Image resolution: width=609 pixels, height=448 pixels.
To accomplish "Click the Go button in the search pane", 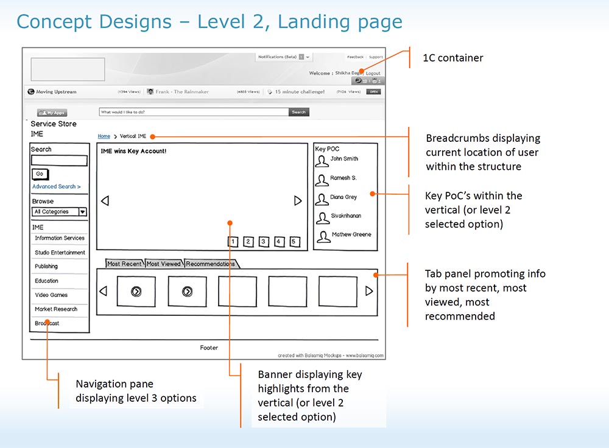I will (x=40, y=174).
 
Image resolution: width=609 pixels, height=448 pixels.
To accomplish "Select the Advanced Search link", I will (x=56, y=187).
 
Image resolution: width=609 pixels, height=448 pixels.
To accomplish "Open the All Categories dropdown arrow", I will (x=82, y=212).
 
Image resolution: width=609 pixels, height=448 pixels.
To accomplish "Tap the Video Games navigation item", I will (x=51, y=295).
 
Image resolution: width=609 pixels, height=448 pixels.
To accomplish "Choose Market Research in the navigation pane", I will (x=56, y=309).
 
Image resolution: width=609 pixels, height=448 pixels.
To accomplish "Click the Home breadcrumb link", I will (x=104, y=136).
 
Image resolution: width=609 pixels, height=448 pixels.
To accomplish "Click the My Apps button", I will (x=52, y=113).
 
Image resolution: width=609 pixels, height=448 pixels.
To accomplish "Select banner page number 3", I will (x=263, y=242).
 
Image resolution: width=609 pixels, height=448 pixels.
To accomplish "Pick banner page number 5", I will (x=294, y=242).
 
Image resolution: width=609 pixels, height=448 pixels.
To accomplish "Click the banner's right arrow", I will (x=298, y=201).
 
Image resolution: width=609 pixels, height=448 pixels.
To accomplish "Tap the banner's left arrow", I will (x=105, y=201).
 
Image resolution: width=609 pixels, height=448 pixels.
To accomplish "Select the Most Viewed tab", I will (x=164, y=264).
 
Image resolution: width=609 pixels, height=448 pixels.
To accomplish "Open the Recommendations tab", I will (x=211, y=264).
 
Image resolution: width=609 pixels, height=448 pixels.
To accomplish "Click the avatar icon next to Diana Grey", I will (x=323, y=199).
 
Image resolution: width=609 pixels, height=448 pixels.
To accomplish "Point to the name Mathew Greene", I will (x=351, y=235).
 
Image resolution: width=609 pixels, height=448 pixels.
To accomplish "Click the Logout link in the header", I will (x=373, y=73).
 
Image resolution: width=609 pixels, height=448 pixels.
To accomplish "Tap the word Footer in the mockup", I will (x=209, y=348).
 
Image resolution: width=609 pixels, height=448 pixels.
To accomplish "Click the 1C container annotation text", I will (x=453, y=58).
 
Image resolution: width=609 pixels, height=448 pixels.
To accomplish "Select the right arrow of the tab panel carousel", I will (x=369, y=292).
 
